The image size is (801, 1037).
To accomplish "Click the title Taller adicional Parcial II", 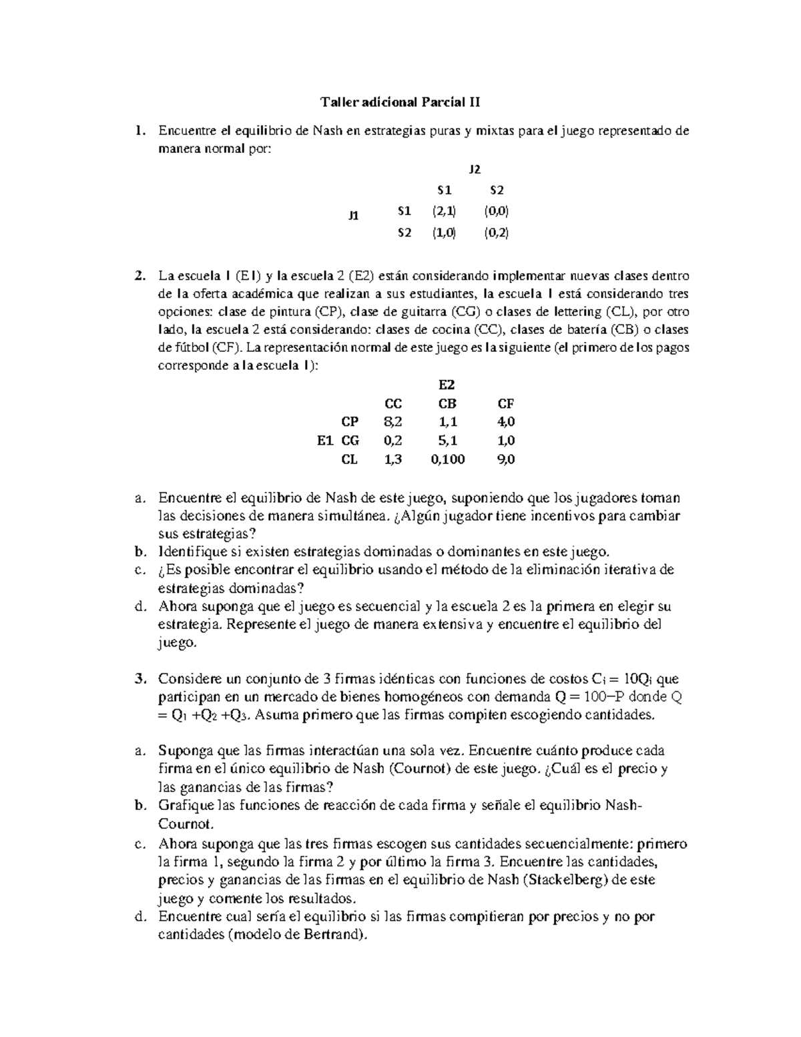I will pos(400,102).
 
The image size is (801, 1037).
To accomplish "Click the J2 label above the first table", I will pos(475,170).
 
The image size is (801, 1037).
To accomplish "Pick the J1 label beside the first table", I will pos(353,215).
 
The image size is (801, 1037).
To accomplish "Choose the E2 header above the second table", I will pos(446,385).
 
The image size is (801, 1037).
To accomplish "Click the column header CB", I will pos(447,403).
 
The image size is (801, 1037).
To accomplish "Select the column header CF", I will pos(505,403).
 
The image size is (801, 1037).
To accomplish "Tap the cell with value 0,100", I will pos(448,459).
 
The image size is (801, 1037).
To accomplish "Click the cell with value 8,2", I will pos(393,422).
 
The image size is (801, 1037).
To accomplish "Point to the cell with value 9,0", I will pos(505,459).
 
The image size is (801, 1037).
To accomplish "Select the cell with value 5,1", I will pos(448,441).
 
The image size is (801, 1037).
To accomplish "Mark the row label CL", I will pos(349,459).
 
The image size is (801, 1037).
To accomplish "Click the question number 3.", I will pos(139,679).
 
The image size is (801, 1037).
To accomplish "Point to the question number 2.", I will pos(139,276).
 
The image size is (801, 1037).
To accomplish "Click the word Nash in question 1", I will pos(327,131).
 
